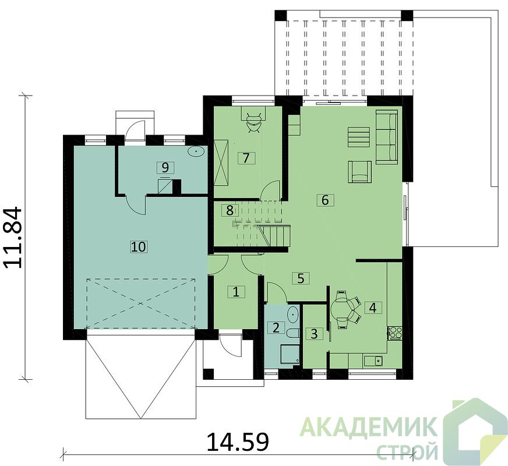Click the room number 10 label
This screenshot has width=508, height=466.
(x=138, y=247)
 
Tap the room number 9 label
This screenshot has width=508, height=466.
(x=165, y=168)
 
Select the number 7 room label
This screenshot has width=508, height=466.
(x=246, y=158)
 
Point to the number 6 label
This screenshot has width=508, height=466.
(x=325, y=200)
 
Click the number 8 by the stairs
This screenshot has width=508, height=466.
(x=230, y=210)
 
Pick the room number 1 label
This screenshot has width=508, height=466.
(x=236, y=292)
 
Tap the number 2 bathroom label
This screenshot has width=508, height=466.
(x=276, y=328)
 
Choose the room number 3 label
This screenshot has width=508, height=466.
(x=314, y=334)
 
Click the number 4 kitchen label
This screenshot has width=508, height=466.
(x=373, y=308)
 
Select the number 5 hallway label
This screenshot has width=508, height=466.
(x=301, y=278)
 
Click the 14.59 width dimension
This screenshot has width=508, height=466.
(x=238, y=442)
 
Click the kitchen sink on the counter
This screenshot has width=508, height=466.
(x=373, y=361)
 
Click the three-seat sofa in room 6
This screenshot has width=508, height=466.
(x=386, y=137)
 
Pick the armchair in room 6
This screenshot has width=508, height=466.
(x=359, y=172)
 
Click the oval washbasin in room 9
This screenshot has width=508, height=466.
(x=196, y=151)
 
